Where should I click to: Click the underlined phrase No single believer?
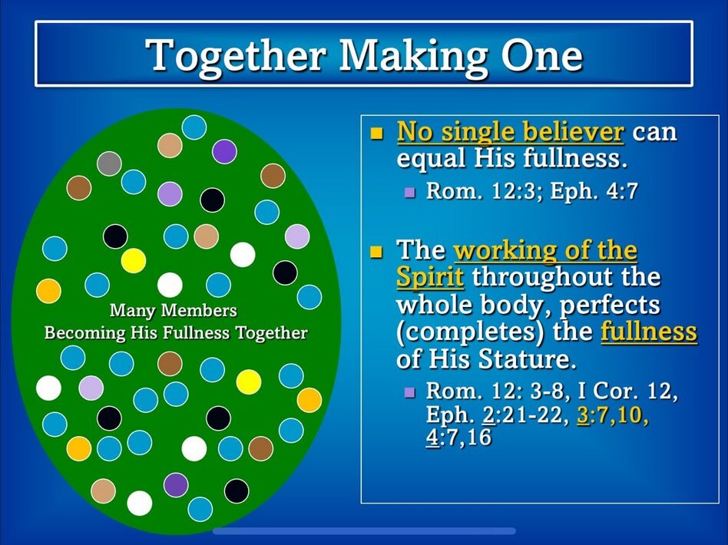(510, 132)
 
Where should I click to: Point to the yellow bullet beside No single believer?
(376, 134)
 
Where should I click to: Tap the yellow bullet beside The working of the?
(376, 252)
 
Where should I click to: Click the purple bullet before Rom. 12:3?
(409, 192)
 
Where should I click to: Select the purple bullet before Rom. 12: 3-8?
(409, 392)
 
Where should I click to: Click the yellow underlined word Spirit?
(430, 278)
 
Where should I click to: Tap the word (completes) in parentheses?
(470, 332)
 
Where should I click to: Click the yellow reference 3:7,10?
(613, 415)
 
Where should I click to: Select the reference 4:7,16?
(458, 437)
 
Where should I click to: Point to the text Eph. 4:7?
(594, 191)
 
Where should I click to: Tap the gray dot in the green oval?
(109, 163)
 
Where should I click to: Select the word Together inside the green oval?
(271, 333)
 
